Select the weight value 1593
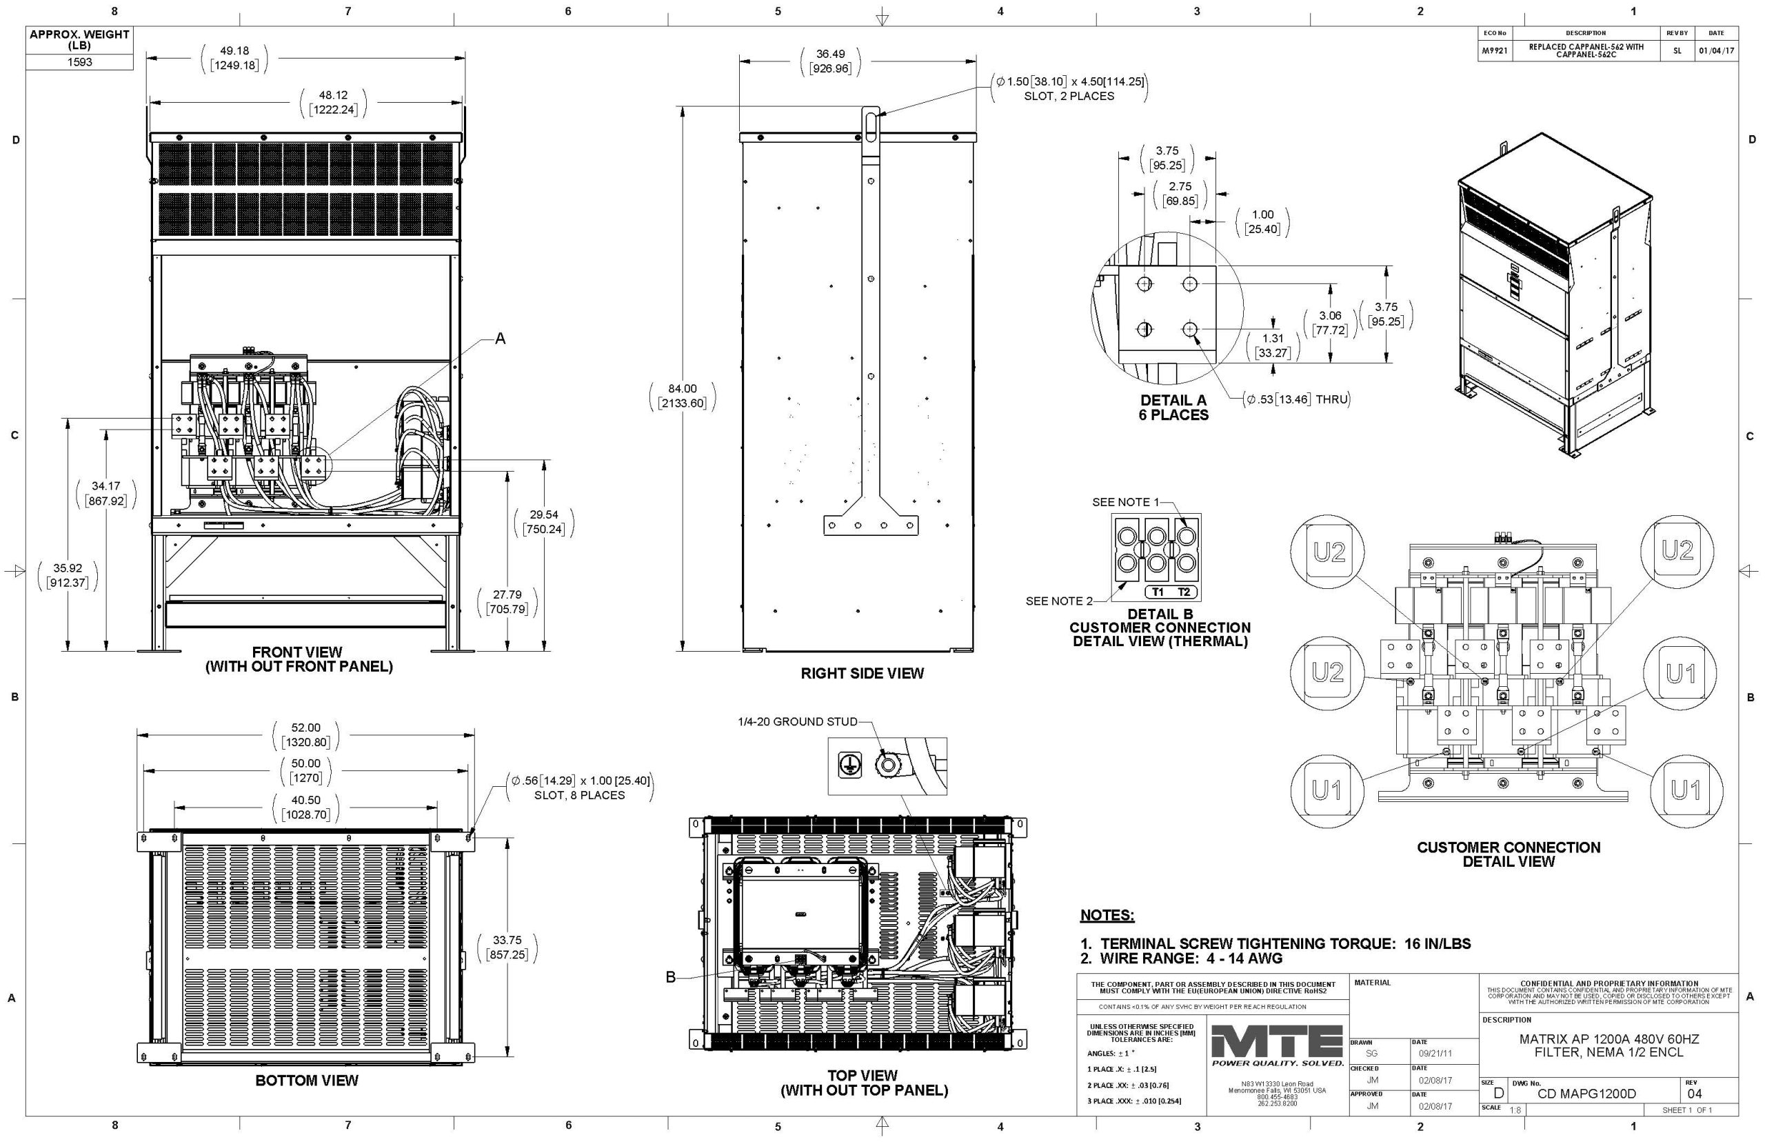pos(79,62)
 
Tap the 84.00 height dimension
pos(682,388)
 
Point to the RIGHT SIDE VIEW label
pos(862,673)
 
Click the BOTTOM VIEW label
pos(306,1081)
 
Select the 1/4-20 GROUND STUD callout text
pos(797,721)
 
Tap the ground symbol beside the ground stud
pos(849,765)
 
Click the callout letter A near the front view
pos(500,338)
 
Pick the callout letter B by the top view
pos(670,977)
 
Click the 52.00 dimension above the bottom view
pos(305,728)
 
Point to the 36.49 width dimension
pos(830,54)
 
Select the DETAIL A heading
pos(1173,401)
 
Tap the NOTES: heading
pos(1107,915)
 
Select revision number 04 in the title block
pos(1695,1094)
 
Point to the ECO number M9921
pos(1493,50)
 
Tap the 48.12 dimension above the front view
pos(333,95)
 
